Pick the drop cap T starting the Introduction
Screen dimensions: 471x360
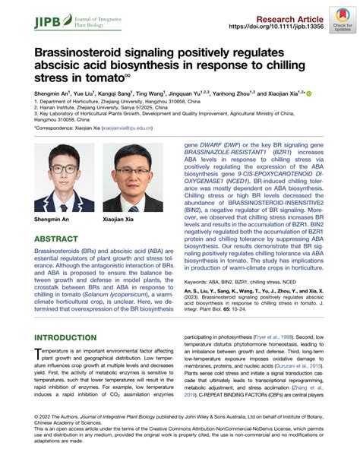(38, 359)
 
